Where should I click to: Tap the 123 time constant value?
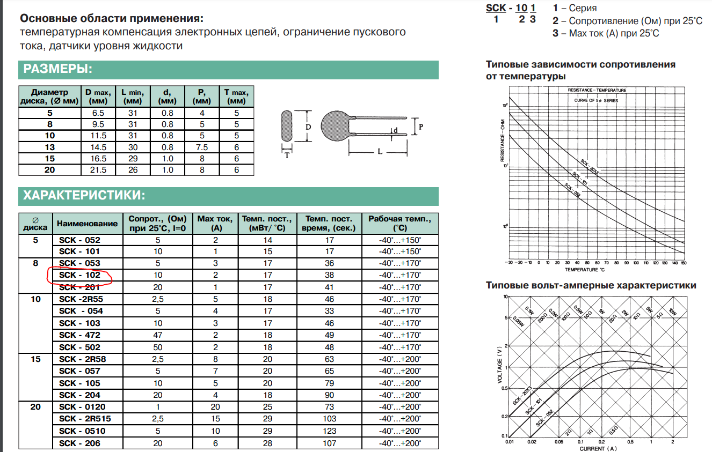point(330,431)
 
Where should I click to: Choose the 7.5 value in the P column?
point(202,147)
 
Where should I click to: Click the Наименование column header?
point(87,223)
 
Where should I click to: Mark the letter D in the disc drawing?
point(308,127)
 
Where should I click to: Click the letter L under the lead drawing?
point(379,152)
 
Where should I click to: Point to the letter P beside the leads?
point(421,127)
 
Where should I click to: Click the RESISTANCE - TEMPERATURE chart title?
point(597,90)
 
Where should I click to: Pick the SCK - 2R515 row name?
point(85,419)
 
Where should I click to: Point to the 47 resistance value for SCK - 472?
point(158,335)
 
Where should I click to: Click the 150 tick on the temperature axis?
point(684,263)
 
